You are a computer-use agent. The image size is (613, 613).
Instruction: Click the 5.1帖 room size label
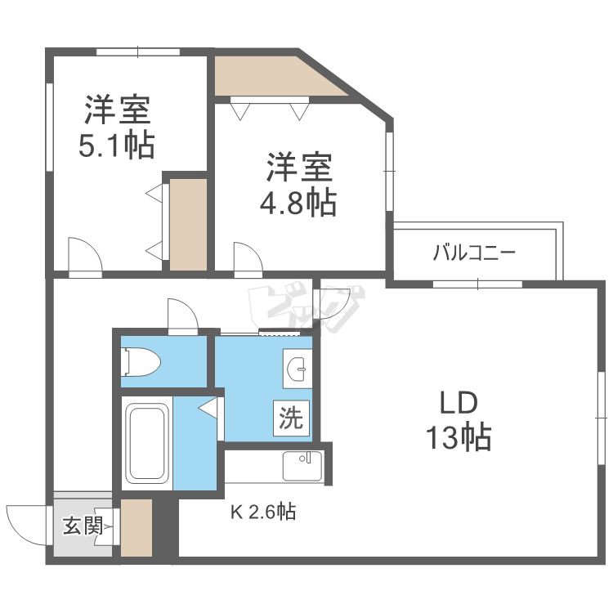click(116, 145)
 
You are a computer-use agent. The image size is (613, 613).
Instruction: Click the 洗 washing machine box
click(290, 418)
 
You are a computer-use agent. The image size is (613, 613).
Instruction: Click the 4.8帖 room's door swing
click(247, 256)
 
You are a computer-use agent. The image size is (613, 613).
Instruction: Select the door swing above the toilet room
click(181, 313)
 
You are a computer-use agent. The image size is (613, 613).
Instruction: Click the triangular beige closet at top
click(270, 76)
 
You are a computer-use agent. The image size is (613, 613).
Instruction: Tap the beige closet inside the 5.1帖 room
click(188, 222)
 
